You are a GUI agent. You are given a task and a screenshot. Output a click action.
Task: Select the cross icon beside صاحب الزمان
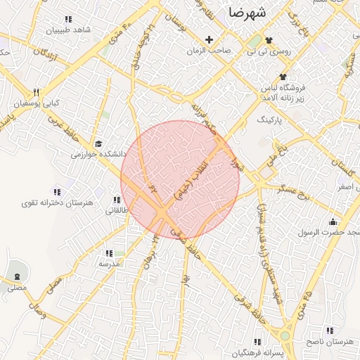[208, 39]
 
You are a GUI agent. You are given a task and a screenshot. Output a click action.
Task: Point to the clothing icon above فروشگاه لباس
[283, 77]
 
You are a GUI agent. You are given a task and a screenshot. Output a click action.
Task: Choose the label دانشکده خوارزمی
[98, 153]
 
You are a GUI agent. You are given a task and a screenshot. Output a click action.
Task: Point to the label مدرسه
[110, 263]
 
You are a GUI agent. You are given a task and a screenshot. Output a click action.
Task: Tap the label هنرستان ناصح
[328, 341]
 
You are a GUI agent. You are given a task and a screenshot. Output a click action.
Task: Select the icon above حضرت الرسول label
[333, 222]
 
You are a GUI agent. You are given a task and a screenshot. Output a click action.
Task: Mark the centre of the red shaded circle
[180, 180]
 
